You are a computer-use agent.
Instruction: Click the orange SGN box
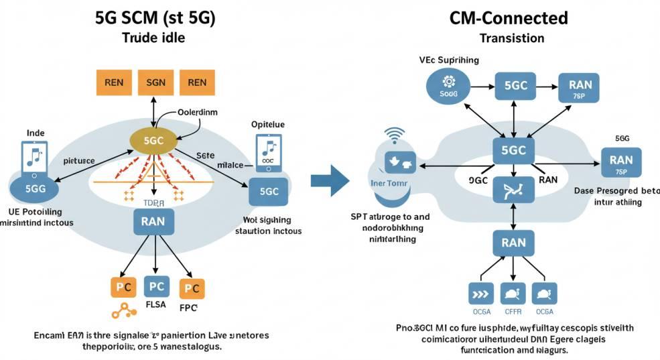[x=155, y=82]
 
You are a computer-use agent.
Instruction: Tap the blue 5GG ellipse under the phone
[x=35, y=188]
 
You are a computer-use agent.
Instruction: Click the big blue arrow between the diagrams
[x=330, y=179]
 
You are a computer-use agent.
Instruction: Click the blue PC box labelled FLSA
[x=155, y=287]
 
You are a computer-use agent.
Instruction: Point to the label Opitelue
[x=268, y=125]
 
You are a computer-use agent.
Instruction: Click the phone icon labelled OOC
[x=268, y=152]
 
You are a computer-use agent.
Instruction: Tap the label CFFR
[x=513, y=310]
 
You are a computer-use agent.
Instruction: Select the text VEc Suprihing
[x=449, y=60]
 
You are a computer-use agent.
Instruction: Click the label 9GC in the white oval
[x=478, y=180]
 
